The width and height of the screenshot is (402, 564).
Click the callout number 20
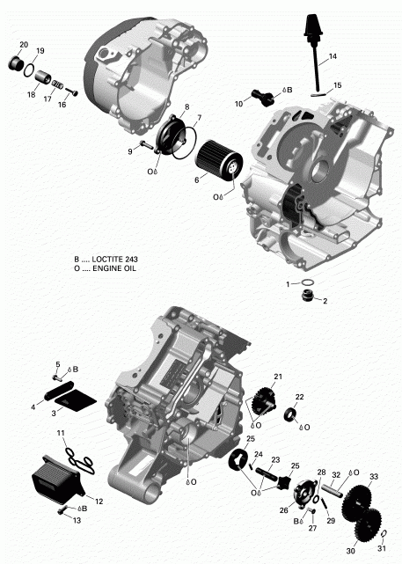24,44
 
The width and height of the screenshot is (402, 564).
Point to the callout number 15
337,85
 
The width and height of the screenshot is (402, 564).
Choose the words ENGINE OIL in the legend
115,268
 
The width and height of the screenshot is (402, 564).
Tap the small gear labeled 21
261,400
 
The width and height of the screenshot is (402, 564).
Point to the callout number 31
379,549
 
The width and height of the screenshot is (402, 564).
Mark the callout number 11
61,434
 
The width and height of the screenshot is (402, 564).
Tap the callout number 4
33,407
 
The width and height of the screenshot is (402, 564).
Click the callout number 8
186,106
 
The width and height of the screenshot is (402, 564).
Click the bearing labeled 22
289,415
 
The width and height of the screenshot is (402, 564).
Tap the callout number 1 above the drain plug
286,284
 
